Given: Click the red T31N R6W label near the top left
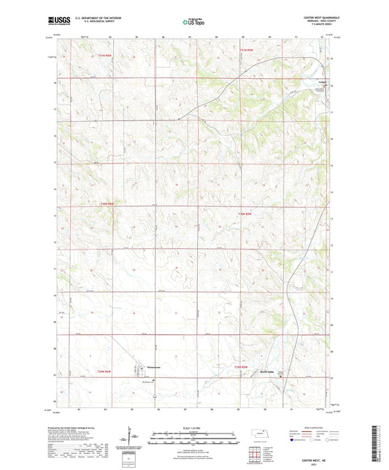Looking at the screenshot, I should click(x=103, y=55).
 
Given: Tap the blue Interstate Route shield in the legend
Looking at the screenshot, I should click(x=293, y=440).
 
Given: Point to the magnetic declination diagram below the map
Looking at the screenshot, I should click(x=134, y=441).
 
